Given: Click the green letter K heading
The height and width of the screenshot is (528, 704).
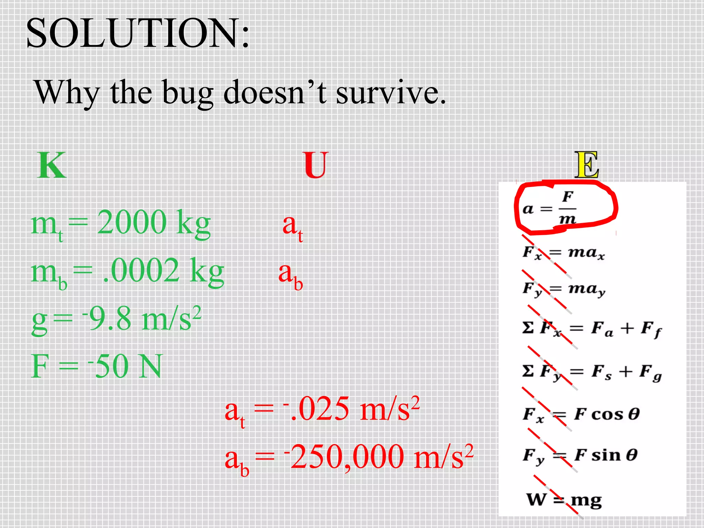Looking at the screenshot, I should tap(52, 165).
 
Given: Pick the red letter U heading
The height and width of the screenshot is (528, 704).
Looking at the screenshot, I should tap(316, 165).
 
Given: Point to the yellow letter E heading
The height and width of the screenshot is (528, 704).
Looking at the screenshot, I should tap(586, 165).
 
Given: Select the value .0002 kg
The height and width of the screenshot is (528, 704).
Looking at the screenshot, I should tap(163, 272).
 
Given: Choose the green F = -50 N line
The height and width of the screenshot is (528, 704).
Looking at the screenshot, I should tap(96, 366).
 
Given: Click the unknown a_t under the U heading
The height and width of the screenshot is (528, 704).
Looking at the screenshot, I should tap(293, 227).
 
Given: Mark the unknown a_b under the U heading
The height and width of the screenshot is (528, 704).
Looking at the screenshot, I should tap(290, 275).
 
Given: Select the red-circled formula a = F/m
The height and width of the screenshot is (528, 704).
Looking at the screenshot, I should tap(550, 208).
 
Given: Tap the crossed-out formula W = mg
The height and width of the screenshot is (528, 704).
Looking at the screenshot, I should tap(564, 500).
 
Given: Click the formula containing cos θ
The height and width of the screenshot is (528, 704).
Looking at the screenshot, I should tap(581, 414).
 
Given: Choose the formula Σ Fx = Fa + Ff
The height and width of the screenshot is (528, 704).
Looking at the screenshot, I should tap(591, 329).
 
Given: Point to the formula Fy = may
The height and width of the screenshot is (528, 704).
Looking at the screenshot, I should tap(564, 289).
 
